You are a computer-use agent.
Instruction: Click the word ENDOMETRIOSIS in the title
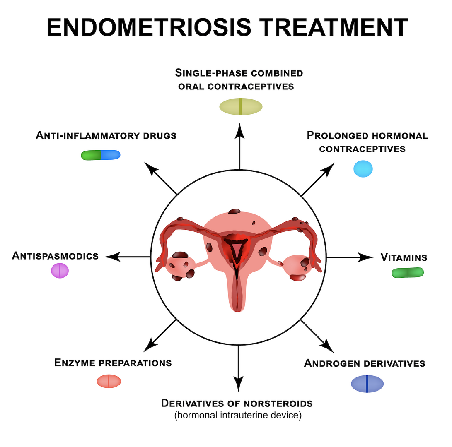[149, 27]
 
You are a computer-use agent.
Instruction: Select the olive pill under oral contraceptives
[241, 106]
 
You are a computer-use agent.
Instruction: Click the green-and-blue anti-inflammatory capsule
[101, 155]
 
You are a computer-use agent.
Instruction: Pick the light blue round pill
[363, 169]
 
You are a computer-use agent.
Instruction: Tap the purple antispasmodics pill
[60, 271]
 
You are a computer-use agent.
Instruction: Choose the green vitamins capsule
[408, 272]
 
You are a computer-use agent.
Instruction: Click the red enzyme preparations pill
[109, 381]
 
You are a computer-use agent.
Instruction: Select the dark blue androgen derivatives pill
[367, 384]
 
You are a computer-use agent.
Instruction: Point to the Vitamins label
[404, 257]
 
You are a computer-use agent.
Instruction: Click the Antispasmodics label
[56, 256]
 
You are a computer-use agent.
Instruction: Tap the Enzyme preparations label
[113, 363]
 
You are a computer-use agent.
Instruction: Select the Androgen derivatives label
[365, 363]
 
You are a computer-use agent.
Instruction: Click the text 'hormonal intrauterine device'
[238, 415]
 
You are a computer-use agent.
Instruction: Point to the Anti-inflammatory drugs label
[106, 135]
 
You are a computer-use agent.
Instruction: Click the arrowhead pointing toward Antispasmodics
[112, 256]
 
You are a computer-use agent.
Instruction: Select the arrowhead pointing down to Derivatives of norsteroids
[238, 384]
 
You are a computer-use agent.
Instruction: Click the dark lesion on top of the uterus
[234, 211]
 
